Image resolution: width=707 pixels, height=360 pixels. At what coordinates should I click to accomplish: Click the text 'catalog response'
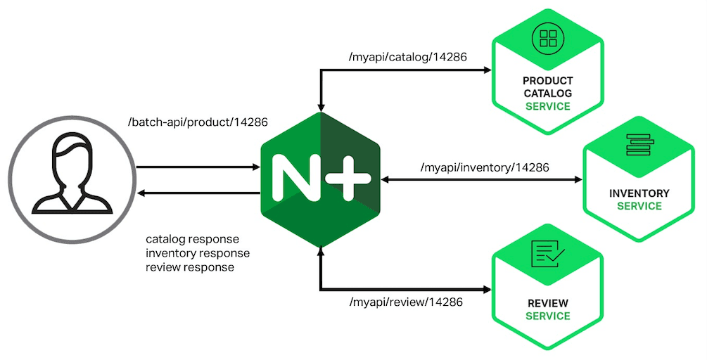192,238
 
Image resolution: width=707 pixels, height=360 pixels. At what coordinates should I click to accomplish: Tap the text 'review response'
189,267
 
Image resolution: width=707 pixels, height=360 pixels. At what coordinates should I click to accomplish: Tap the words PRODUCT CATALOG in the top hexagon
548,86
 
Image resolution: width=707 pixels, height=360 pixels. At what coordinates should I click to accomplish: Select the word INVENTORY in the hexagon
639,193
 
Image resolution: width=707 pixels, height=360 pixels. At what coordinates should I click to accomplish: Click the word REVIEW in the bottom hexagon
548,304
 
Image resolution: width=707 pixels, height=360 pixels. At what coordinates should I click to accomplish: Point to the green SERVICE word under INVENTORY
639,206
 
